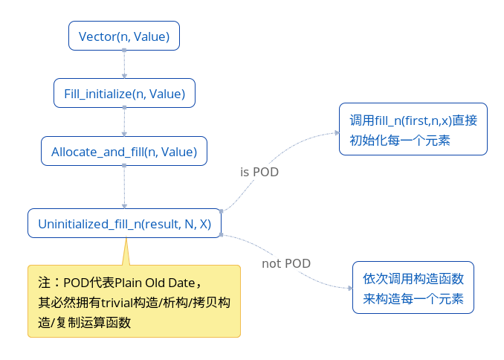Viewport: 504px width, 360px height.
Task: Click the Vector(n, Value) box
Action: coord(124,36)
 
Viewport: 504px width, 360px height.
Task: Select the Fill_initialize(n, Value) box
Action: coord(124,93)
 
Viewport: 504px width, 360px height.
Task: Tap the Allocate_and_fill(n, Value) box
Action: coord(124,151)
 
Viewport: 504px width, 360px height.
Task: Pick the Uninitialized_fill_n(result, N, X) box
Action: coord(124,223)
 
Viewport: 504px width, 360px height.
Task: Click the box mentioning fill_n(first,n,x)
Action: coord(413,129)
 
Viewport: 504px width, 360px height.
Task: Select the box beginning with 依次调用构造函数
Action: coord(413,288)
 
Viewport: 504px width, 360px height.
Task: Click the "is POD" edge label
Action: coord(259,172)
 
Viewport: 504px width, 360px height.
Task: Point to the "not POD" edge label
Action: coord(286,263)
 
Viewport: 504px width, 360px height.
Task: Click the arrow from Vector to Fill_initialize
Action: coord(124,65)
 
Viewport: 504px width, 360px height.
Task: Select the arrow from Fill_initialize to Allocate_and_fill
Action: coord(124,122)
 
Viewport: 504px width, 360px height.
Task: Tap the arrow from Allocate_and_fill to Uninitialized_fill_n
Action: coord(124,187)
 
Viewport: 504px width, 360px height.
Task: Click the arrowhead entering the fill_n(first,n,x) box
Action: coord(337,132)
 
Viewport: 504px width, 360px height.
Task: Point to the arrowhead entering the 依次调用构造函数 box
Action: coord(350,288)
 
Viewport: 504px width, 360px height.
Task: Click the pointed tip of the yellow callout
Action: coord(126,238)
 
